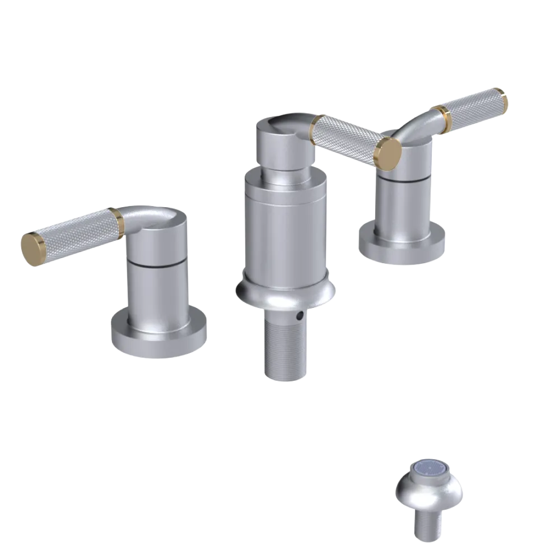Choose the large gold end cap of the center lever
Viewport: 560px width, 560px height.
389,152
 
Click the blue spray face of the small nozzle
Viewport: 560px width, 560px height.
428,472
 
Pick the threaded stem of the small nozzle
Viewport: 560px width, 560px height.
428,524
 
